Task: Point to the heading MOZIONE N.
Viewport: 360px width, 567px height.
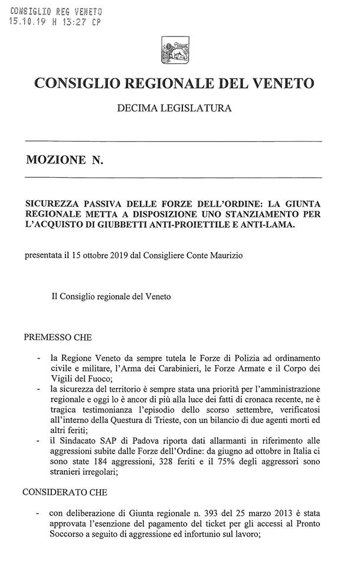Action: point(64,159)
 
